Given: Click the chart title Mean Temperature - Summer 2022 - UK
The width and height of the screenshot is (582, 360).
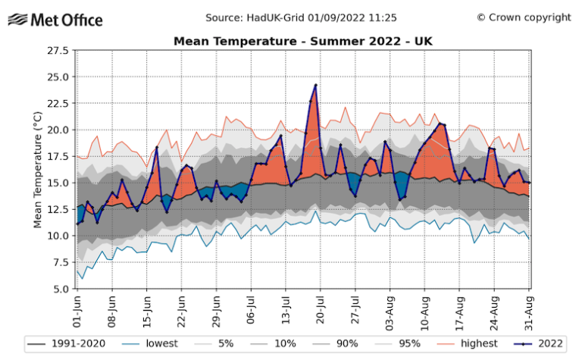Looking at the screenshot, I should click(302, 41).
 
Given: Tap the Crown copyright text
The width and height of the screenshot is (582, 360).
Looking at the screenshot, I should click(524, 17).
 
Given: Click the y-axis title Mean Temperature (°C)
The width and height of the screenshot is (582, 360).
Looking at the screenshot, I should click(37, 169).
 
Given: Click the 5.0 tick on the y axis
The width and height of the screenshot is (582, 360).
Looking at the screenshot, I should click(60, 289).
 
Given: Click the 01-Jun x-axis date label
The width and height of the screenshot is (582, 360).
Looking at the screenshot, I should click(77, 311).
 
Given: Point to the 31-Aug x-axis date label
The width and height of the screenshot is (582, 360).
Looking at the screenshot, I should click(529, 311).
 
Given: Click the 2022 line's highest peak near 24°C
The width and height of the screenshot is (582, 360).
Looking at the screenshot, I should click(315, 85).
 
